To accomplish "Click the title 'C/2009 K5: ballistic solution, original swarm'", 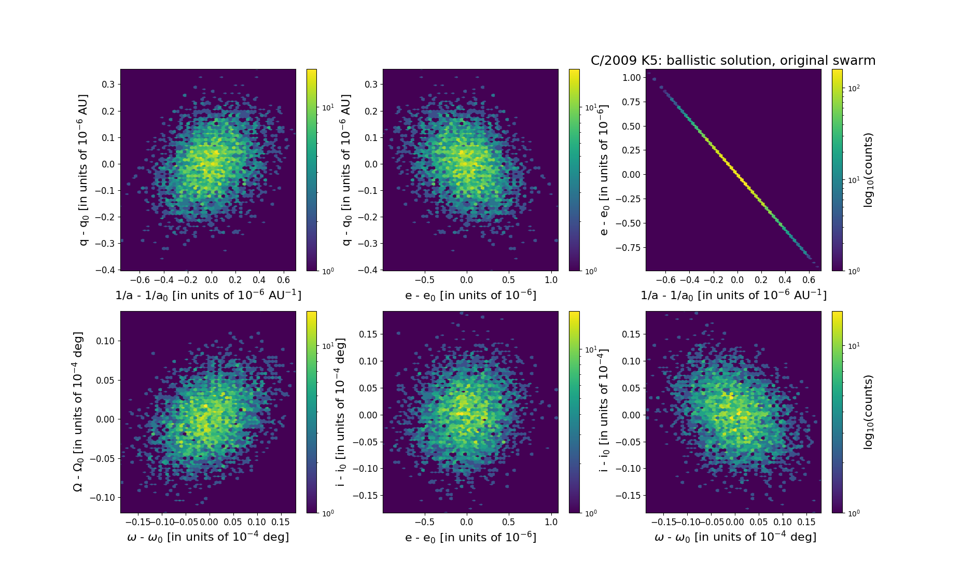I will (733, 61).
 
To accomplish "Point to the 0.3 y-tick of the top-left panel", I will (108, 85).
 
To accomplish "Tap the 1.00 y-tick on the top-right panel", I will (631, 78).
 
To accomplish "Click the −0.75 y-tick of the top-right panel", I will (629, 248).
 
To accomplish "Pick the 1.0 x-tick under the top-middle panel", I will (551, 280).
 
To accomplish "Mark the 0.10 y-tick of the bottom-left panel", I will (105, 341).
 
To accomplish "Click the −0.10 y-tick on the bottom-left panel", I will (102, 498).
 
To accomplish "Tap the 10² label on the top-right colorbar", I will (853, 88).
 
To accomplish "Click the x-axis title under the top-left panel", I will (208, 295).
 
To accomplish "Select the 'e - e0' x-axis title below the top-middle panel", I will (470, 296).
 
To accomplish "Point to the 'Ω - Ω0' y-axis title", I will (78, 412).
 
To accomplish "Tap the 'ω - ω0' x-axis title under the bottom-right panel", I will (735, 537).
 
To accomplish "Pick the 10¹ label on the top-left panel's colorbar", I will (328, 108).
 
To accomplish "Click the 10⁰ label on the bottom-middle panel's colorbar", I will (590, 513).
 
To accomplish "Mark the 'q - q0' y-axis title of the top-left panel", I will (83, 170).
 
